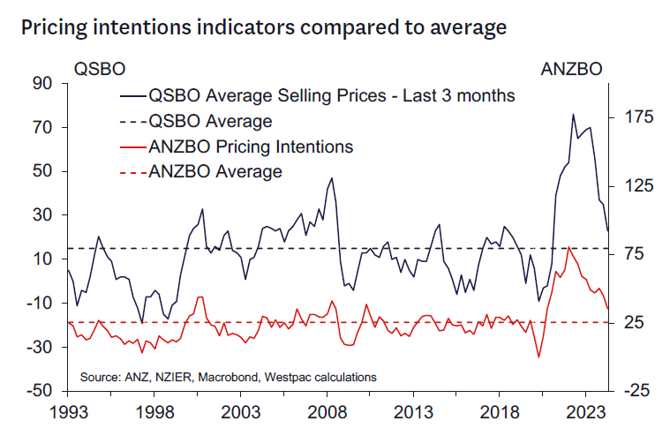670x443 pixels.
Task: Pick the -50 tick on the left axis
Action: pyautogui.click(x=41, y=391)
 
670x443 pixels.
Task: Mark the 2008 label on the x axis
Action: pyautogui.click(x=329, y=412)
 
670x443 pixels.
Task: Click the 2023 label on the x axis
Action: pyautogui.click(x=590, y=412)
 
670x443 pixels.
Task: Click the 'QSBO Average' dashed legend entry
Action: pyautogui.click(x=210, y=120)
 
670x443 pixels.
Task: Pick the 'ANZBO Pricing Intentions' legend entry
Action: pyautogui.click(x=251, y=146)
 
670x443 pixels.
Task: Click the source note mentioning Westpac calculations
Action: pyautogui.click(x=229, y=377)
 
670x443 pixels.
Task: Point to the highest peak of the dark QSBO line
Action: pyautogui.click(x=573, y=114)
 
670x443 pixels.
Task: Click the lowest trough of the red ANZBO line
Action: pyautogui.click(x=538, y=357)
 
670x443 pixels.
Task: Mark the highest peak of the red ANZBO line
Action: pyautogui.click(x=568, y=247)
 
